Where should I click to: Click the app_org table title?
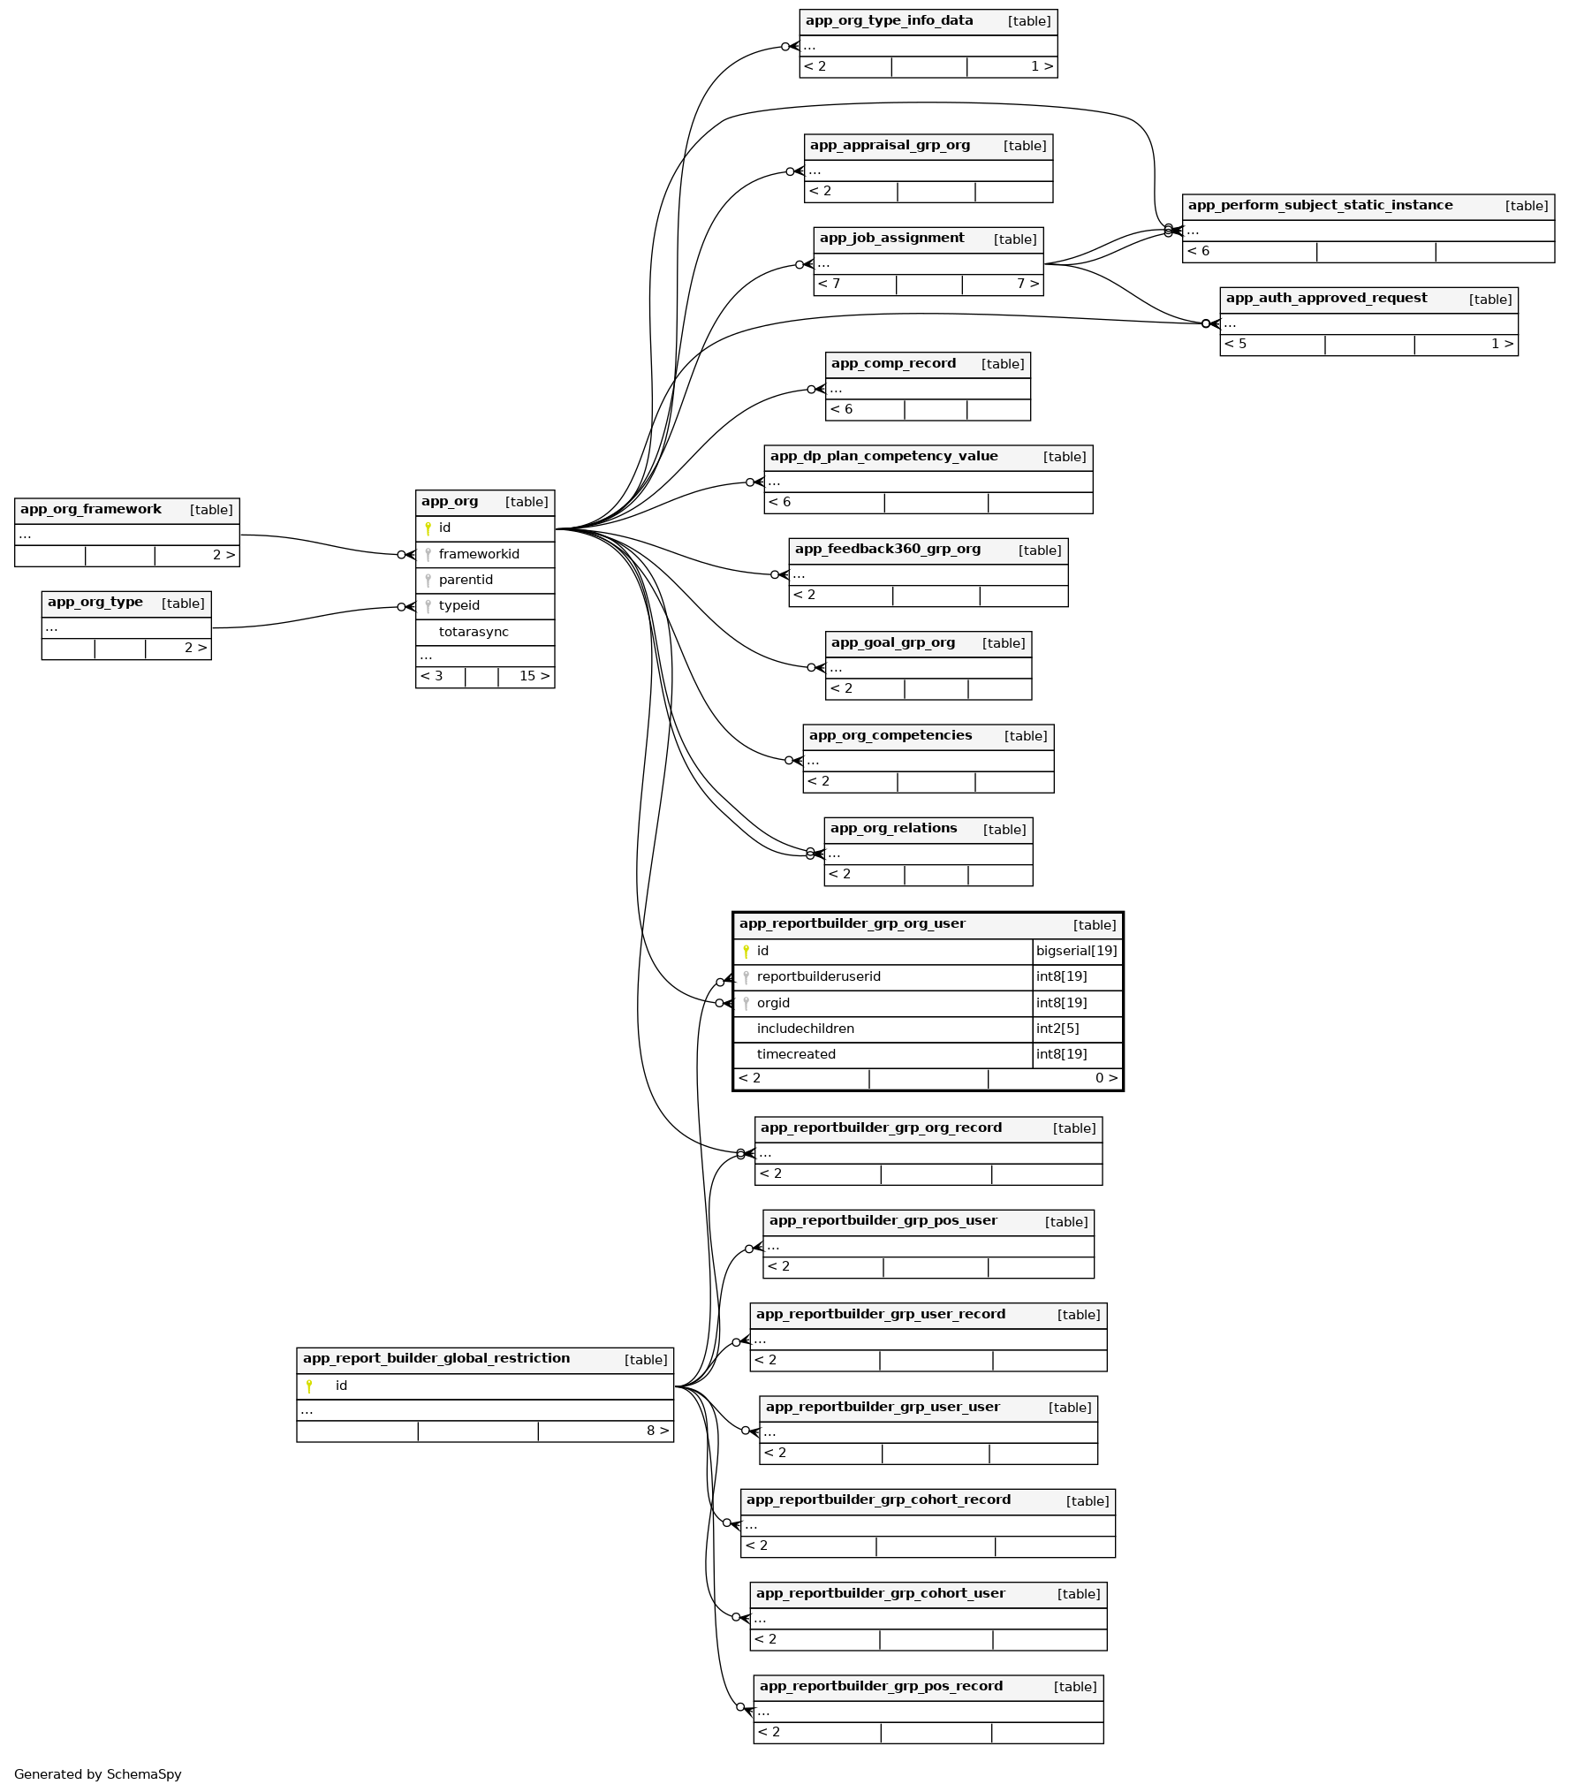(450, 502)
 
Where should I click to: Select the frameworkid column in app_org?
(479, 554)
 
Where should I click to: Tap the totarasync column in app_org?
(474, 632)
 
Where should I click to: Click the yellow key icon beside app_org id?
(428, 528)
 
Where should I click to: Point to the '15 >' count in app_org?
(534, 676)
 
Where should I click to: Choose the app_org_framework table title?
(91, 509)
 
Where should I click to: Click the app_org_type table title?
(95, 603)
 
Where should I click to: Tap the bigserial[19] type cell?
(1076, 951)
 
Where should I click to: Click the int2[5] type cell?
(1057, 1029)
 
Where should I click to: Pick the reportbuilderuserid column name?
(818, 976)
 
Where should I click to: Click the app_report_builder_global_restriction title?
(436, 1358)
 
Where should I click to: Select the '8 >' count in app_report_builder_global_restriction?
(657, 1431)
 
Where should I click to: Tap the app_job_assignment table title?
(891, 238)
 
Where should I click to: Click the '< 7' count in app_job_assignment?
(829, 284)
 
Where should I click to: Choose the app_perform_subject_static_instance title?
(1320, 205)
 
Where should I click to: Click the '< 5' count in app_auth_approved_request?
(1235, 344)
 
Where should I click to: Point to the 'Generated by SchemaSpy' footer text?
(98, 1773)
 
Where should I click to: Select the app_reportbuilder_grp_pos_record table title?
(881, 1686)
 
